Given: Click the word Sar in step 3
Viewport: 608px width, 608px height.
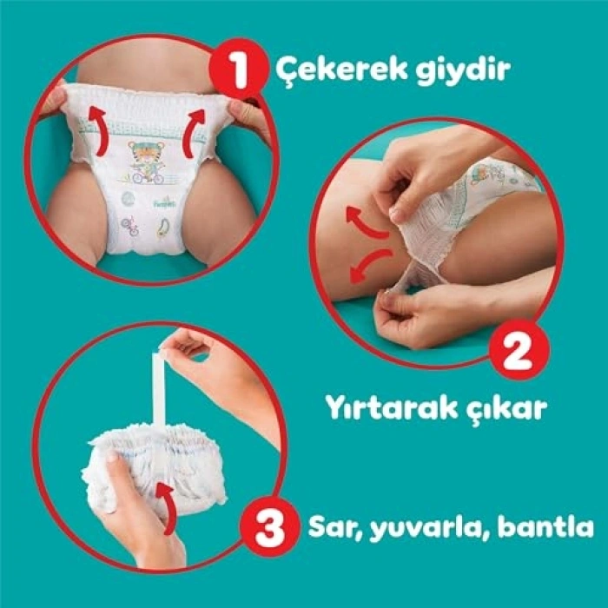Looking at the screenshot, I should coord(334,526).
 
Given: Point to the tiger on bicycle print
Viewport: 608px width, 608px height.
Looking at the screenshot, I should coord(149,162).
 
